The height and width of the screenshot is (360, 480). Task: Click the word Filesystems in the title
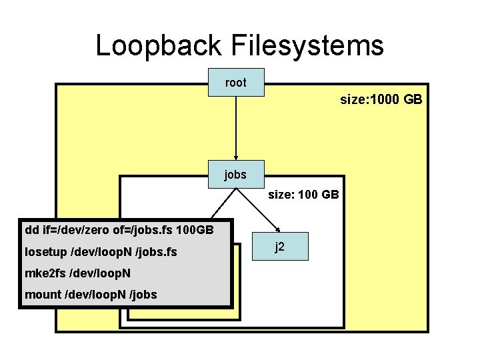click(307, 46)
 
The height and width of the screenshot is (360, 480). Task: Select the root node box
click(236, 83)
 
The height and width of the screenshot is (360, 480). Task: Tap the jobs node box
click(236, 175)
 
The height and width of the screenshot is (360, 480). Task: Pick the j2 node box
click(281, 247)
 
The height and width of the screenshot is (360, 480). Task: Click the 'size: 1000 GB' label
click(381, 100)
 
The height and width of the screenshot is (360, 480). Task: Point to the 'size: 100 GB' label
click(303, 195)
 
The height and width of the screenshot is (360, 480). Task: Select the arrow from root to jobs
click(236, 127)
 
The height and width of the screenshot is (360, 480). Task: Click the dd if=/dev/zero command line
click(119, 231)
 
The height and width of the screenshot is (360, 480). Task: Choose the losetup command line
click(100, 252)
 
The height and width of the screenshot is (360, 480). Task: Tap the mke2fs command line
click(77, 273)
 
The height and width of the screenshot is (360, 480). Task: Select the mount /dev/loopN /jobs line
click(91, 295)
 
